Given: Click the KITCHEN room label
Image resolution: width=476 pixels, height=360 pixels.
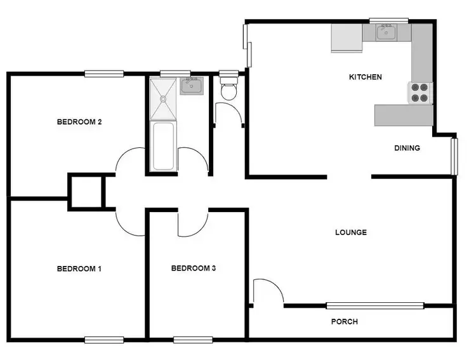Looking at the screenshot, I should (366, 77).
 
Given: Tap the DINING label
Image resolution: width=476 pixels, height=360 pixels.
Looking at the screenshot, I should (407, 148).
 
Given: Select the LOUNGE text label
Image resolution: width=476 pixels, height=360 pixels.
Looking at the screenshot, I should (351, 232).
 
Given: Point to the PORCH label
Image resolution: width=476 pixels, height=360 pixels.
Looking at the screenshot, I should (345, 322).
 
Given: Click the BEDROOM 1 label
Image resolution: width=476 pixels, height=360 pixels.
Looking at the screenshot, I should (79, 269).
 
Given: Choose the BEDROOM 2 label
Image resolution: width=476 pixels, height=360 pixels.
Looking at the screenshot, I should (79, 122).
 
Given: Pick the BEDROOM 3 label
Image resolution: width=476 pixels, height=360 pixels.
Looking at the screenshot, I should (194, 269).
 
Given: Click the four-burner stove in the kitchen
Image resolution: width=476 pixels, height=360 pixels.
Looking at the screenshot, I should (420, 93).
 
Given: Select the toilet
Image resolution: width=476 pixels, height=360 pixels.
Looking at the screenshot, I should (228, 89).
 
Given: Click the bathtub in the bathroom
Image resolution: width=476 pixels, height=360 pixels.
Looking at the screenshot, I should (163, 146).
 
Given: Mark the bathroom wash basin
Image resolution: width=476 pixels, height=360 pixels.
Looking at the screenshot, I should (190, 86).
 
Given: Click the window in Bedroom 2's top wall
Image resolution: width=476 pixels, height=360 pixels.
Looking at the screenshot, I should (104, 74).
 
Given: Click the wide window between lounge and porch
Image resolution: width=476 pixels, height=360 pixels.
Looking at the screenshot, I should (375, 305).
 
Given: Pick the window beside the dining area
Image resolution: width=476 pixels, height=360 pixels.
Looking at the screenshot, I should (454, 156).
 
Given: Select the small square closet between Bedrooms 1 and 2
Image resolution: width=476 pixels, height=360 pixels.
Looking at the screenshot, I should (86, 191).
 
